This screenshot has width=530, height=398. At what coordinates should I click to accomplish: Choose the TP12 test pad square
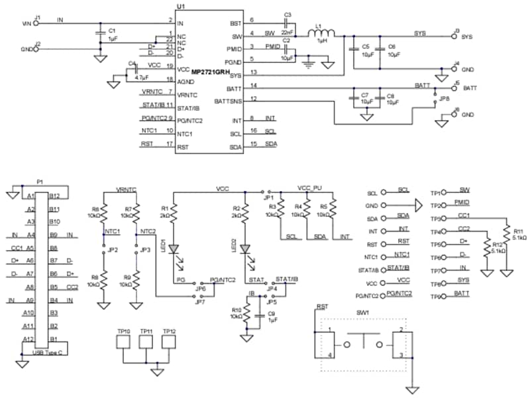tap(169, 342)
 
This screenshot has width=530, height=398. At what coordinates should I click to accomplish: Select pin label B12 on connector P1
tap(54, 196)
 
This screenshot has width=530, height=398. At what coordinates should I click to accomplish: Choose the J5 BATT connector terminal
tap(454, 88)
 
